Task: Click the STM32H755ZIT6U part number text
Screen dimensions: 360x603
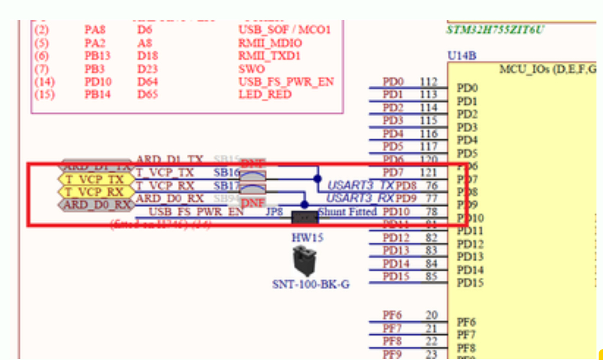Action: pyautogui.click(x=495, y=29)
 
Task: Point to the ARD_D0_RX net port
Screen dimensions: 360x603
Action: pyautogui.click(x=97, y=205)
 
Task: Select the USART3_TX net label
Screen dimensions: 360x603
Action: pyautogui.click(x=360, y=186)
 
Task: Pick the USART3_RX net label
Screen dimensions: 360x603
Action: pyautogui.click(x=360, y=198)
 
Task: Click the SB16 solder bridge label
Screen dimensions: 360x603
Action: pyautogui.click(x=227, y=173)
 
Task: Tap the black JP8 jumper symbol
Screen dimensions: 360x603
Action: pyautogui.click(x=305, y=217)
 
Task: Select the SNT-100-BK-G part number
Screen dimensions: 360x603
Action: pyautogui.click(x=311, y=284)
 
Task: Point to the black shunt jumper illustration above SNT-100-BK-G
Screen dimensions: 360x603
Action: pyautogui.click(x=305, y=261)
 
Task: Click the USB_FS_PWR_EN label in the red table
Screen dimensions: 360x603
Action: pyautogui.click(x=286, y=82)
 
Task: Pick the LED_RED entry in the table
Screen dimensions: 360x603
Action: pyautogui.click(x=265, y=95)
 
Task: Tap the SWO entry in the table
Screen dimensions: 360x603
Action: pyautogui.click(x=252, y=69)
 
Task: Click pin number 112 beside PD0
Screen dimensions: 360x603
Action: pyautogui.click(x=429, y=82)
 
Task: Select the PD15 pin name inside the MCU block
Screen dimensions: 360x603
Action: pyautogui.click(x=470, y=283)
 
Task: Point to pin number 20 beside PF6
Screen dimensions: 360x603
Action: pyautogui.click(x=431, y=315)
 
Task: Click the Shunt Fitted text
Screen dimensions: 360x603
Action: pyautogui.click(x=347, y=211)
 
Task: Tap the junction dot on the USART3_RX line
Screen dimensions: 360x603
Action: pyautogui.click(x=305, y=204)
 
